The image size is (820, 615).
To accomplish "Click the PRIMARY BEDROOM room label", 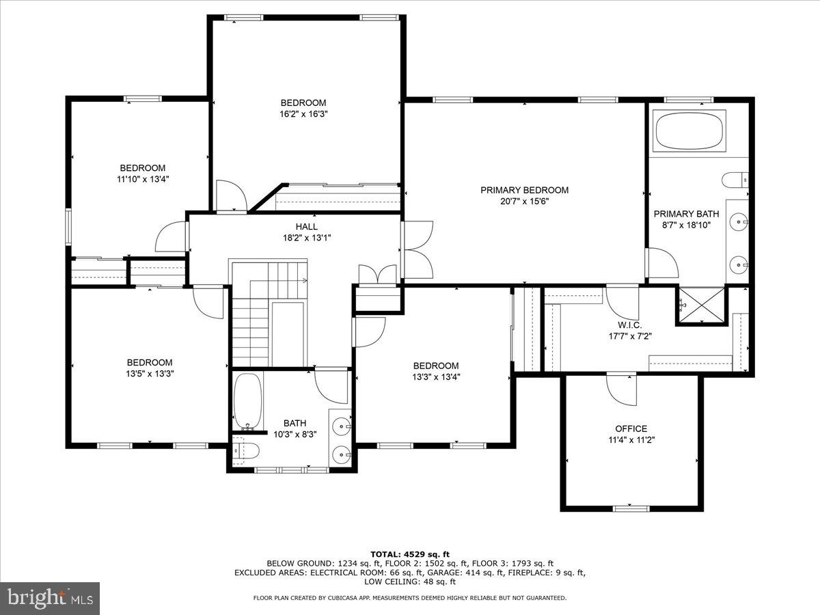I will coord(524,190).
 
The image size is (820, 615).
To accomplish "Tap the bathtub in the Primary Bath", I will coord(689,131).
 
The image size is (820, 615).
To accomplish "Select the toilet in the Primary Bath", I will coord(735,180).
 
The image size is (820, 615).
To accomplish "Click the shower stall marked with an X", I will coord(700,306).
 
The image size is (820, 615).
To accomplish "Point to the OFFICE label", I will coord(631,429).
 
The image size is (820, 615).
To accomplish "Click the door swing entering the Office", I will coord(623,390).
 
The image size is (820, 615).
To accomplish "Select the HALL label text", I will coord(306,226).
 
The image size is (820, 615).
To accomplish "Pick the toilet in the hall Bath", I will coord(244,450).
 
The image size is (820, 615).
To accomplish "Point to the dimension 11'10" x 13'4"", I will coord(143,179).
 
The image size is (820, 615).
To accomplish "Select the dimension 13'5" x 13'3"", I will coord(149,374).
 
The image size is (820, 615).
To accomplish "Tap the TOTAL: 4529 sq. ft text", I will coord(409,554).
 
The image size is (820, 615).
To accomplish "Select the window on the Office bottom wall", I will coord(631,508).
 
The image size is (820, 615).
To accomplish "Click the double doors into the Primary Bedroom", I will coord(417,250).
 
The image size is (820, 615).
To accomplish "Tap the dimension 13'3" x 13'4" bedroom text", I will coord(435,377).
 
